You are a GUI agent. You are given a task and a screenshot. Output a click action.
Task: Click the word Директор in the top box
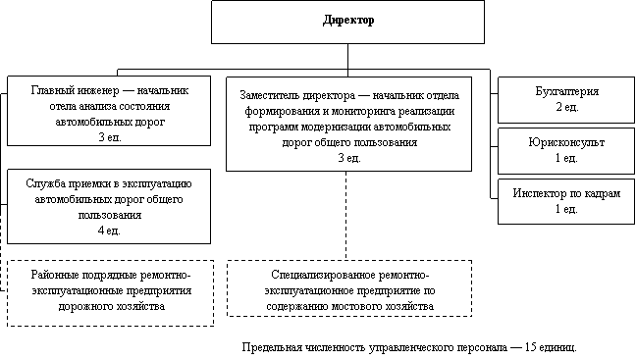pos(348,21)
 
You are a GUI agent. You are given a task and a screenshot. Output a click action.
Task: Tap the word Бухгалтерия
pos(566,91)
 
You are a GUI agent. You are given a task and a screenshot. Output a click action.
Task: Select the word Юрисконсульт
pos(566,142)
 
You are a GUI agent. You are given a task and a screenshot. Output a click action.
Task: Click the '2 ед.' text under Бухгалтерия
pos(566,107)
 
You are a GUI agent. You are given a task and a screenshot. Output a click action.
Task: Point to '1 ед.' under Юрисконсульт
pos(566,158)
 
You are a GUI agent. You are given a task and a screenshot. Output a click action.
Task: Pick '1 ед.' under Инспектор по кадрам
pos(566,209)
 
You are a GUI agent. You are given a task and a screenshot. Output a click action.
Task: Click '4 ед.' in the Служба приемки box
pos(109,231)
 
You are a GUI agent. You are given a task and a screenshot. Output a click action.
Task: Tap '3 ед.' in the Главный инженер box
pos(110,137)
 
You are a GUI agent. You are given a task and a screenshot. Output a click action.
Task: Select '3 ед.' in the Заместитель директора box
pos(349,158)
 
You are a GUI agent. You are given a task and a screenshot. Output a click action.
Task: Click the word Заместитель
pos(269,96)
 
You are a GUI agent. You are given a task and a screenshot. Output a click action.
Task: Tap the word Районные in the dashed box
pos(55,276)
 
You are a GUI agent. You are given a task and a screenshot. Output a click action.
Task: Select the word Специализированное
pos(323,276)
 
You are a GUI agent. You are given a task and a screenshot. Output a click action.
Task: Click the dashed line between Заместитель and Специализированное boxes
pos(346,216)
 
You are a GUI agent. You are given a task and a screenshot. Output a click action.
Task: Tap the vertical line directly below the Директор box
pos(347,60)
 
